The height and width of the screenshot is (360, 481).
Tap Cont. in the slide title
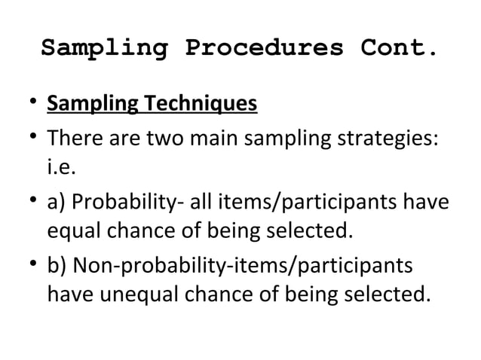click(399, 48)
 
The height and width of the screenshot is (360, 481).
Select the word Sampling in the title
click(103, 48)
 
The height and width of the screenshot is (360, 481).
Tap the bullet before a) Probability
click(27, 206)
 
